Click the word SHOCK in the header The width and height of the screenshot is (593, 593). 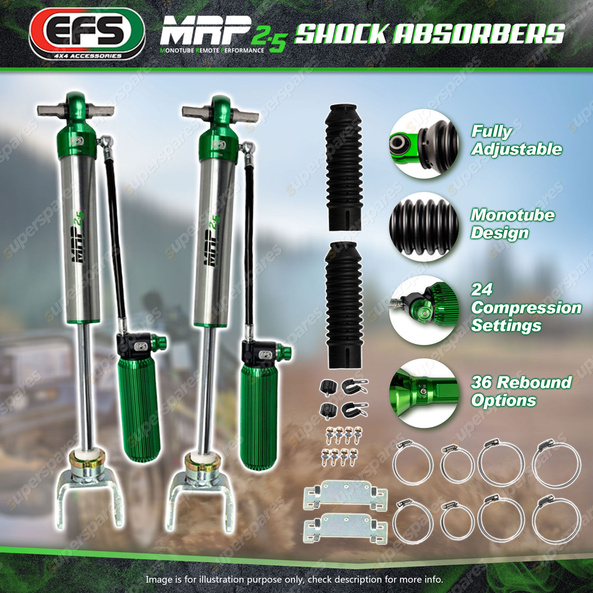point(341,34)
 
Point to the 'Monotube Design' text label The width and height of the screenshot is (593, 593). point(513,224)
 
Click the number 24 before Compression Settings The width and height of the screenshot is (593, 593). point(482,289)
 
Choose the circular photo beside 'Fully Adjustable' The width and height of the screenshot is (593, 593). point(424,143)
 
